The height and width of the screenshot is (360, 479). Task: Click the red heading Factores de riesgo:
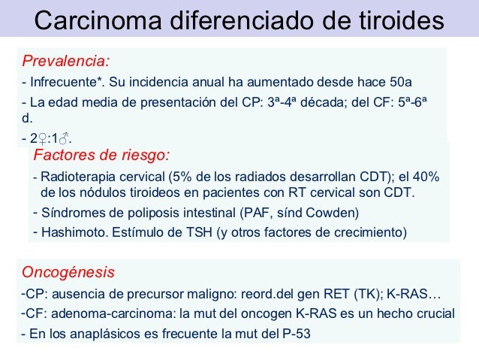[x=102, y=156]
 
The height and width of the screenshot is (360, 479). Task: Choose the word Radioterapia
[x=77, y=177]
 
